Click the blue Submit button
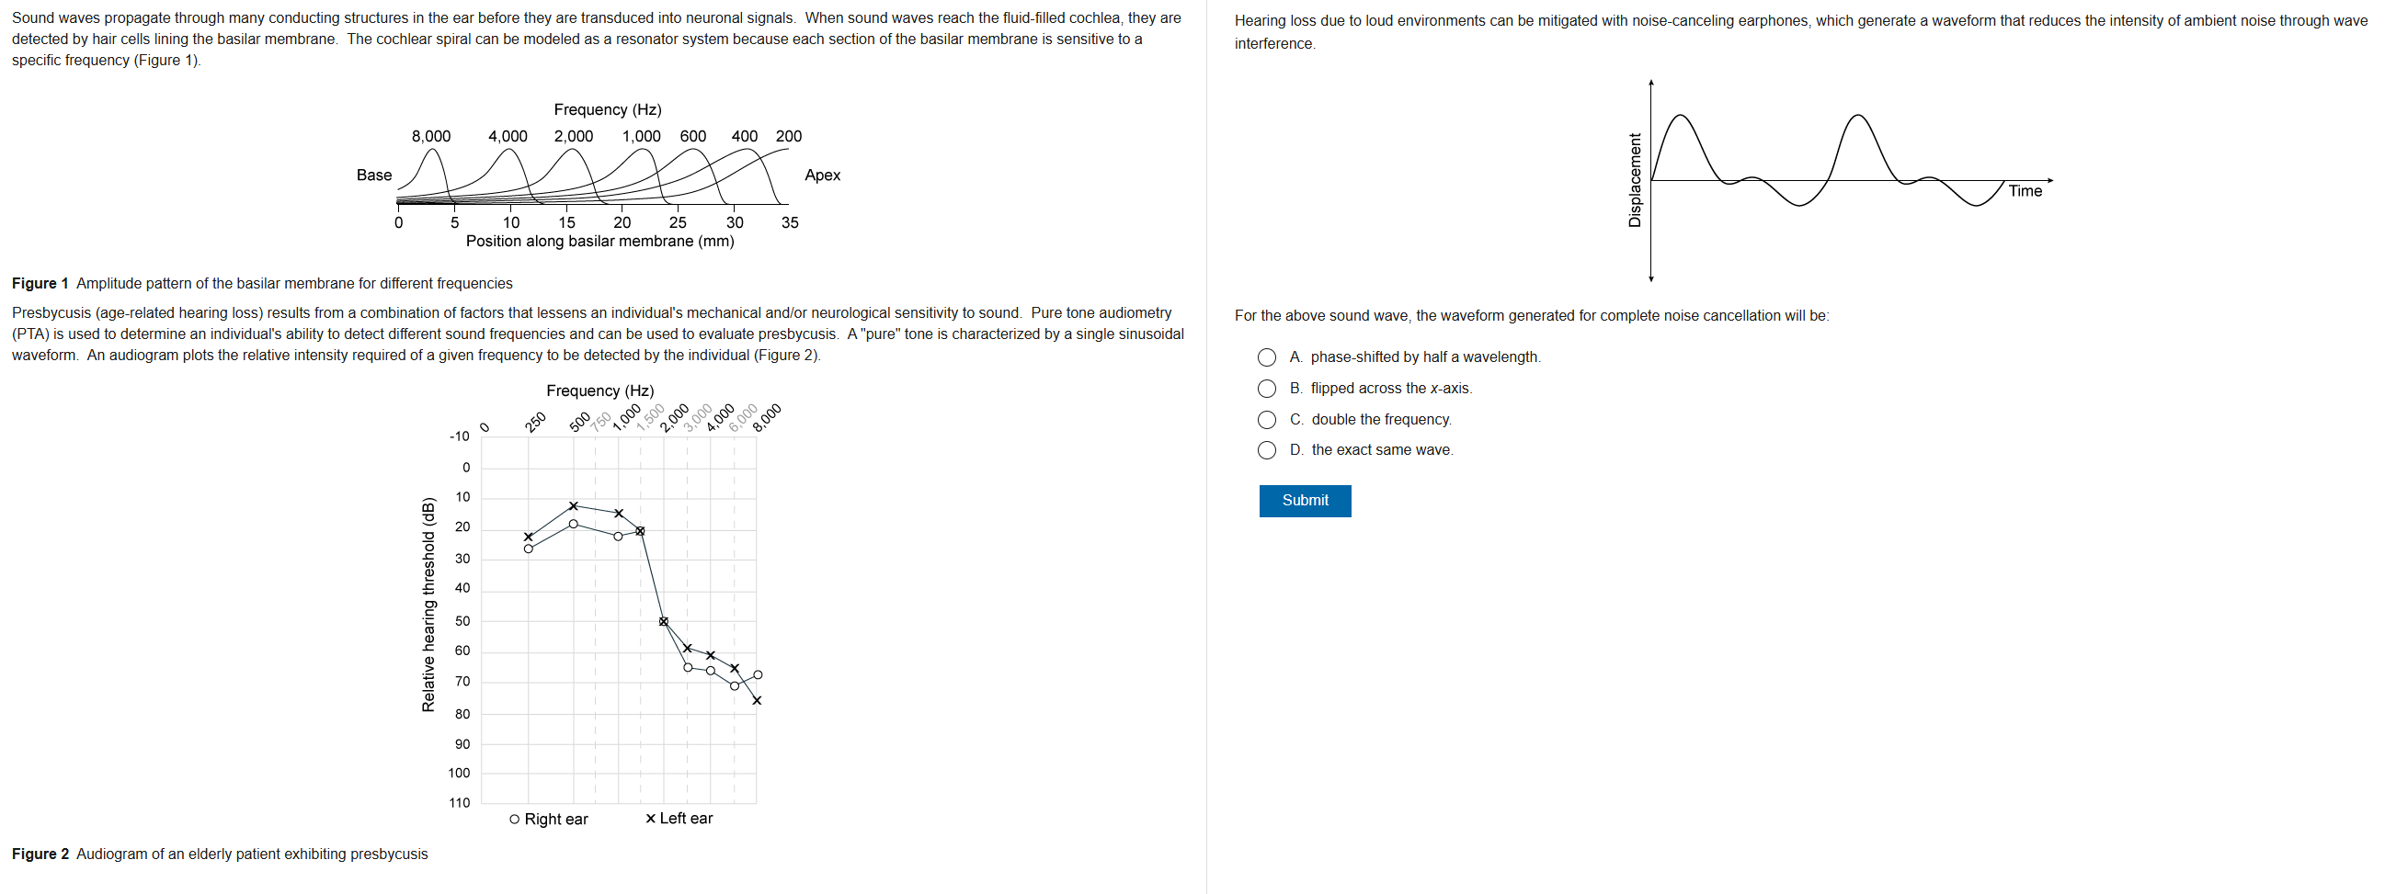[1304, 501]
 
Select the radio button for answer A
[1267, 357]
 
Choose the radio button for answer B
[1267, 389]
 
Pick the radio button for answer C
[1267, 420]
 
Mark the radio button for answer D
[1267, 451]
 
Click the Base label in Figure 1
[374, 175]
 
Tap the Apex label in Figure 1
[822, 175]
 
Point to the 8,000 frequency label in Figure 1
[430, 136]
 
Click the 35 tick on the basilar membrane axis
[789, 222]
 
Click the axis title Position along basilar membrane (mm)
[600, 242]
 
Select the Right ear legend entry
[549, 819]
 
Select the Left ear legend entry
[679, 818]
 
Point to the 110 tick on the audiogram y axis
[459, 803]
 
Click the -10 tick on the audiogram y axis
[459, 436]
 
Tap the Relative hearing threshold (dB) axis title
[428, 605]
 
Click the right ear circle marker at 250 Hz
[529, 549]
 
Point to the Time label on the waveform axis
[2025, 190]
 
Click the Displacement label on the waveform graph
[1634, 180]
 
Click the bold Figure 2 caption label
[40, 854]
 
